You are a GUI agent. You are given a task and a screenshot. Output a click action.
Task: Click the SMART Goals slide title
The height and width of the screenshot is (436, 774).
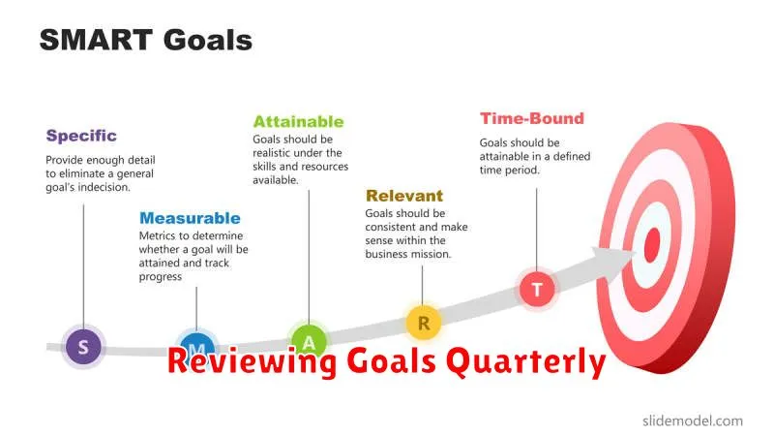pyautogui.click(x=146, y=40)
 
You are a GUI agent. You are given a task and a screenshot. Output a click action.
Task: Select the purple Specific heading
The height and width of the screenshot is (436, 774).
pyautogui.click(x=81, y=136)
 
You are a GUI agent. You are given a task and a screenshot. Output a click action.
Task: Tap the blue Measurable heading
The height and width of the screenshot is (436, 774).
pyautogui.click(x=190, y=218)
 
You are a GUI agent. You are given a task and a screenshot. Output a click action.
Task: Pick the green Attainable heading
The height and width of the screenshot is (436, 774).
pyautogui.click(x=298, y=122)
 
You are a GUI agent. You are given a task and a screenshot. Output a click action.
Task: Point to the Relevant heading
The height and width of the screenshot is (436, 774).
pyautogui.click(x=404, y=196)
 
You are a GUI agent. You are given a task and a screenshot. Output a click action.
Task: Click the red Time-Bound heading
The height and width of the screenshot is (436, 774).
pyautogui.click(x=531, y=118)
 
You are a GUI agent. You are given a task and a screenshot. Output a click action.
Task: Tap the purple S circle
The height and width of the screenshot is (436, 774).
pyautogui.click(x=83, y=347)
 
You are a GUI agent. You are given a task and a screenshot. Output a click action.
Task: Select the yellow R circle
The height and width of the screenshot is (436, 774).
pyautogui.click(x=424, y=324)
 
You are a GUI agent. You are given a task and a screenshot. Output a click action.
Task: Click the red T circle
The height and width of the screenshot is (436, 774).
pyautogui.click(x=537, y=289)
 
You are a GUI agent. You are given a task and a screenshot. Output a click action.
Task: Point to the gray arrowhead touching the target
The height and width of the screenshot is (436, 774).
pyautogui.click(x=612, y=256)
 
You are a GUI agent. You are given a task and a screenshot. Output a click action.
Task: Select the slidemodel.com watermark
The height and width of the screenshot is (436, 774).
pyautogui.click(x=693, y=421)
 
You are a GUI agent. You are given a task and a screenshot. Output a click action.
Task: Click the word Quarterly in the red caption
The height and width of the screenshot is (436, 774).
pyautogui.click(x=525, y=362)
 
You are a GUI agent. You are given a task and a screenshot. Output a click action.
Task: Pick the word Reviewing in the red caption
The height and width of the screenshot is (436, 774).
pyautogui.click(x=252, y=362)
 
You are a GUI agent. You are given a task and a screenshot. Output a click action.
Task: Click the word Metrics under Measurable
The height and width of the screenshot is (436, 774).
pyautogui.click(x=157, y=235)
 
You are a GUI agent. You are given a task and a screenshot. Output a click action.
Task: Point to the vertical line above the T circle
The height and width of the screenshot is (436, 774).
pyautogui.click(x=537, y=230)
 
